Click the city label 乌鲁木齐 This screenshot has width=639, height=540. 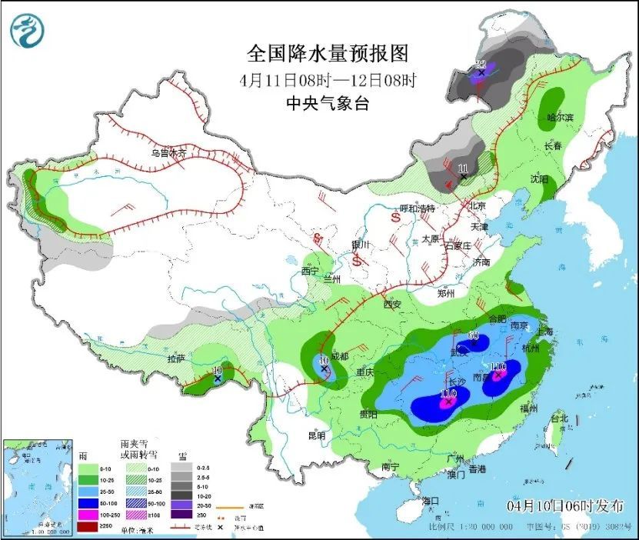click(x=168, y=153)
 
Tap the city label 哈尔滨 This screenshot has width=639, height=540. click(x=561, y=117)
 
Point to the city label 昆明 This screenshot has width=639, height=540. click(x=317, y=435)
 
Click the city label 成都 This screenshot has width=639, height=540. click(x=337, y=356)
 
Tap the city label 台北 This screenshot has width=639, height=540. click(x=559, y=418)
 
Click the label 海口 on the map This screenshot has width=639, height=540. click(x=431, y=501)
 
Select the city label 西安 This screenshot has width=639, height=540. click(x=391, y=304)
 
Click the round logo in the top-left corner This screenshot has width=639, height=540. click(x=27, y=31)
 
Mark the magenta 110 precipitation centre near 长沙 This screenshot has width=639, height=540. click(x=448, y=400)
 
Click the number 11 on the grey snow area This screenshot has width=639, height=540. click(x=462, y=168)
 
